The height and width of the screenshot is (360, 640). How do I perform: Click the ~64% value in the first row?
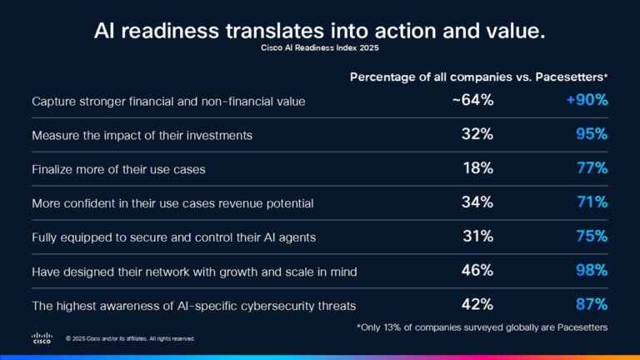click(473, 101)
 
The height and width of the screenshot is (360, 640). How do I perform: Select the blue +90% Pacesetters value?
click(587, 101)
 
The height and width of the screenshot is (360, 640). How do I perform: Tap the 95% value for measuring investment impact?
click(591, 134)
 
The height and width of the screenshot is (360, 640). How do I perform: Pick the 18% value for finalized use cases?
click(478, 168)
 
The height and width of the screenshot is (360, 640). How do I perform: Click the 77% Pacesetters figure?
click(591, 168)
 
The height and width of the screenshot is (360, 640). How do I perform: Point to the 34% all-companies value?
click(477, 202)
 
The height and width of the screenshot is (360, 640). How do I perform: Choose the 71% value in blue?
click(592, 202)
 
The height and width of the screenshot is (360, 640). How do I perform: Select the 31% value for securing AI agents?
click(478, 237)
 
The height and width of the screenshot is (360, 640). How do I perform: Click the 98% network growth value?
click(591, 271)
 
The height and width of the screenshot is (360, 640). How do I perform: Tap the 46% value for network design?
click(477, 271)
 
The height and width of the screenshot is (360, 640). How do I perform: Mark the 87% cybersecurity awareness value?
click(591, 305)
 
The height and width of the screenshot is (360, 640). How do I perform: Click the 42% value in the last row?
click(477, 305)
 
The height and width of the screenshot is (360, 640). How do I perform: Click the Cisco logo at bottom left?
click(42, 337)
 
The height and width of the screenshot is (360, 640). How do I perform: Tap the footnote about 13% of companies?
click(482, 327)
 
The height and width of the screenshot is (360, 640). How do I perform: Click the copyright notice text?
click(130, 339)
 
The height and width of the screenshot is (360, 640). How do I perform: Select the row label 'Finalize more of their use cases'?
click(118, 169)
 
